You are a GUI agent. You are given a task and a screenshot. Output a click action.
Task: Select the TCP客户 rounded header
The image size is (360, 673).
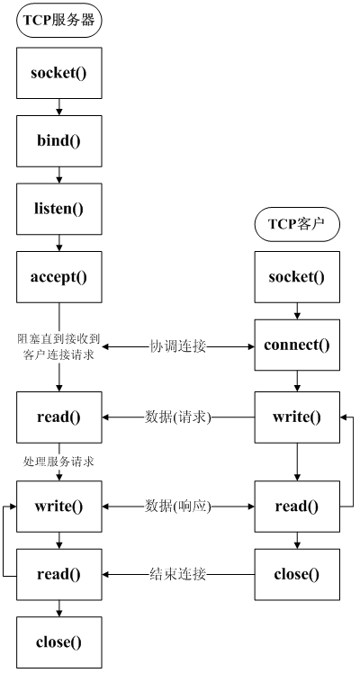[297, 224]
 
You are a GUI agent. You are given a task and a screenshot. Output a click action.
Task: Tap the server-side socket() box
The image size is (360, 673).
[58, 73]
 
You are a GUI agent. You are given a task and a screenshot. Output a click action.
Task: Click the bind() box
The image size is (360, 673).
[58, 140]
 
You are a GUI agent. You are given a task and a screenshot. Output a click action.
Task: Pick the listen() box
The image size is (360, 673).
[58, 209]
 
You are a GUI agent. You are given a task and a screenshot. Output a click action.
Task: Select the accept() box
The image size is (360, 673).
[58, 277]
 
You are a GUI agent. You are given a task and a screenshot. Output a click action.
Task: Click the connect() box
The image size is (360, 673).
[297, 345]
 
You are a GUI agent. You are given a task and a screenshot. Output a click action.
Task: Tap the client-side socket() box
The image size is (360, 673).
[297, 277]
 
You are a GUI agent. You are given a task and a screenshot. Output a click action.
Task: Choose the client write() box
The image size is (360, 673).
[297, 417]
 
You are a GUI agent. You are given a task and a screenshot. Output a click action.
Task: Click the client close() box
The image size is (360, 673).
[297, 574]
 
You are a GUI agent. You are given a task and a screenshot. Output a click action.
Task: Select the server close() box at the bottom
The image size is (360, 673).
[58, 642]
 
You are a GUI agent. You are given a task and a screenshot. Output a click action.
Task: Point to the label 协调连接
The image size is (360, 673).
[178, 346]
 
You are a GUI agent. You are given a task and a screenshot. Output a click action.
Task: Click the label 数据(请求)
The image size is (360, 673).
[178, 417]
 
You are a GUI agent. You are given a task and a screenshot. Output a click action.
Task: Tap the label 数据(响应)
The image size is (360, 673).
[178, 507]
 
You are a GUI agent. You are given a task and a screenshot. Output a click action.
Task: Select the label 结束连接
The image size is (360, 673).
[178, 574]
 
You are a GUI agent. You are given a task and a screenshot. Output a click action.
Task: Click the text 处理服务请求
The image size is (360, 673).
[58, 462]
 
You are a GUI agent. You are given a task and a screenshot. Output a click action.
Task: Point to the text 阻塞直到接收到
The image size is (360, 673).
[58, 340]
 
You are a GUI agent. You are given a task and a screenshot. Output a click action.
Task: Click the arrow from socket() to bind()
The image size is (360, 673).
[59, 107]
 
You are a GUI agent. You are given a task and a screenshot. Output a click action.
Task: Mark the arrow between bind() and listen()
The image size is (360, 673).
[59, 175]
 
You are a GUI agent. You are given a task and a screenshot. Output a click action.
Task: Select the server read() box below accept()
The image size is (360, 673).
[58, 417]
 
